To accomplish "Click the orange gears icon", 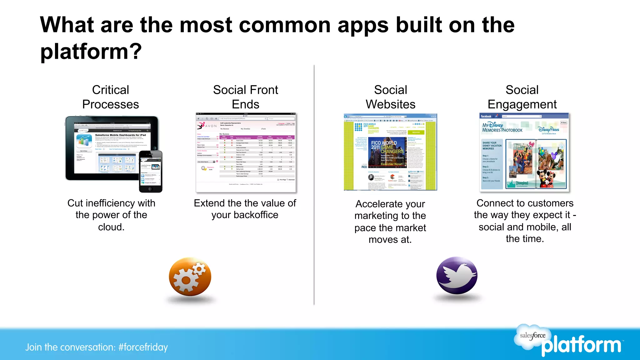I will (x=190, y=276).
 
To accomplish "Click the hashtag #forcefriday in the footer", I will (x=143, y=347).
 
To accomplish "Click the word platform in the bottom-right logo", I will (x=581, y=346).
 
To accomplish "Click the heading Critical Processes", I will (x=111, y=97).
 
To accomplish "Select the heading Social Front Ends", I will (x=245, y=97).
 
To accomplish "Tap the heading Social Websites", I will (x=391, y=97).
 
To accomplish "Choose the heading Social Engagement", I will (x=522, y=97).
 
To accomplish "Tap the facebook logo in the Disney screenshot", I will (x=486, y=116).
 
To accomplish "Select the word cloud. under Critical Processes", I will (x=111, y=227).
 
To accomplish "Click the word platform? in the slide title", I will (x=91, y=51).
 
